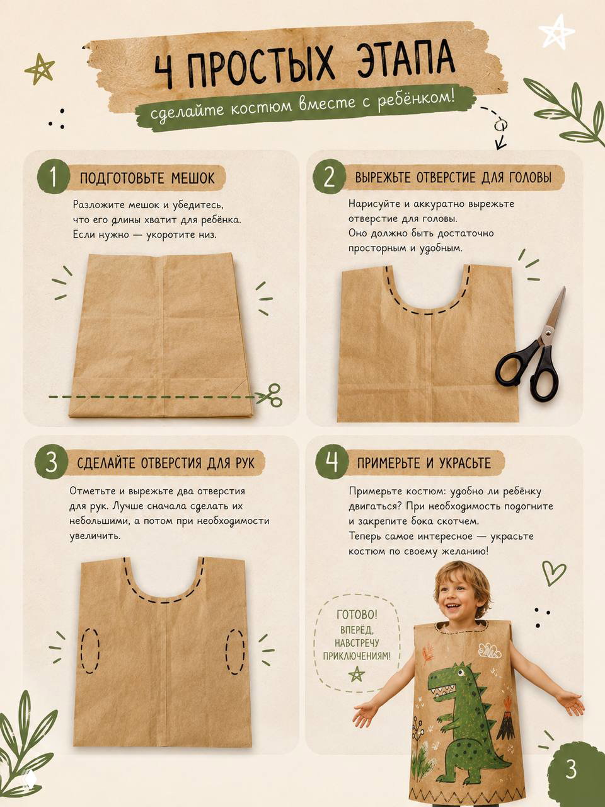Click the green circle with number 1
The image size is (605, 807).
54,177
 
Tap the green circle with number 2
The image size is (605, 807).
329,177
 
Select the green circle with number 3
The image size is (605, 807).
51,463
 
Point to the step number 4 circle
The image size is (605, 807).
331,462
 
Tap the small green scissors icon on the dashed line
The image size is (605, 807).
269,395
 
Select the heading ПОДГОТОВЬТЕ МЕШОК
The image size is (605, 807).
147,178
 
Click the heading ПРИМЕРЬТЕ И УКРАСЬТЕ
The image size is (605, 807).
424,463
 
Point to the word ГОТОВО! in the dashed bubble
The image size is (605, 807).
357,614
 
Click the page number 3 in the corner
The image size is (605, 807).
571,768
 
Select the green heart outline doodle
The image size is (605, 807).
553,572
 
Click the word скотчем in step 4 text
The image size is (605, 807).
458,521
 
